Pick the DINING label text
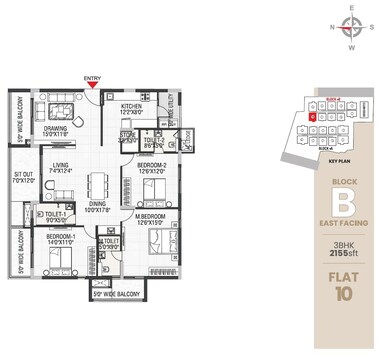click(98, 205)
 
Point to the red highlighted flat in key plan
click(312, 117)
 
